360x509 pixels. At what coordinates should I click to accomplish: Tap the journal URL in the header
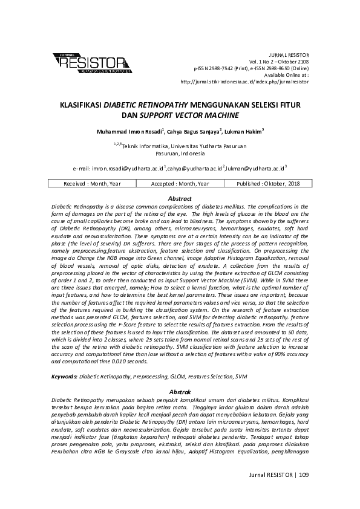tap(245, 80)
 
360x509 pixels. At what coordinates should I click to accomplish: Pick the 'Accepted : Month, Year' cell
tap(180, 184)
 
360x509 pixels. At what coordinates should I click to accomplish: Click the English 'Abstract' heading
tap(180, 198)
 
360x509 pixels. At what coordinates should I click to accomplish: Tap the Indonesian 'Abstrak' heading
tap(180, 392)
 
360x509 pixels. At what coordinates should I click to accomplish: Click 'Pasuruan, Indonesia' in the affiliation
tap(180, 154)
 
